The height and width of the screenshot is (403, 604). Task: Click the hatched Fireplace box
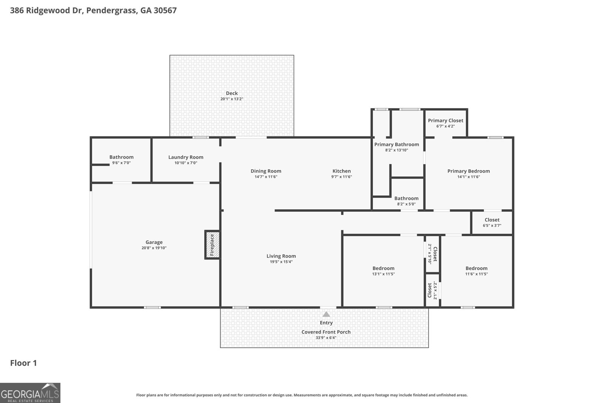click(x=212, y=245)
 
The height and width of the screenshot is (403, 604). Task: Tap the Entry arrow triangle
click(x=326, y=314)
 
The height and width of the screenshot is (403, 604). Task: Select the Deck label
click(x=232, y=93)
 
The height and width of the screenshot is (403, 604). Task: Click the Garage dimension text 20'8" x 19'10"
click(x=154, y=248)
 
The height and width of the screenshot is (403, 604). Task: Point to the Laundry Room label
click(x=186, y=157)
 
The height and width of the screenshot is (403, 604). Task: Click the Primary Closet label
click(x=445, y=120)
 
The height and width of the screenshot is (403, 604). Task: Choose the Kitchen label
click(x=341, y=171)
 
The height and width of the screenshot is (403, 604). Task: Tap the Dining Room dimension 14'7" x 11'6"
click(x=266, y=177)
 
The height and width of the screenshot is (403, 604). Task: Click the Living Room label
click(x=281, y=256)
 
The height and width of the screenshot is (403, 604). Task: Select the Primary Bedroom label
click(x=468, y=171)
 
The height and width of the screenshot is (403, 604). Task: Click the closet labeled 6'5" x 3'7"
click(x=492, y=222)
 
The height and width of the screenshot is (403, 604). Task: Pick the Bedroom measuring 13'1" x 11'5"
click(x=383, y=271)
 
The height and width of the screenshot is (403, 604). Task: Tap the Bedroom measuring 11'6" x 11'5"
click(x=476, y=271)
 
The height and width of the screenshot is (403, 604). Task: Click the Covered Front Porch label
click(x=326, y=332)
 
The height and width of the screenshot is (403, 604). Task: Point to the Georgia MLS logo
click(x=30, y=393)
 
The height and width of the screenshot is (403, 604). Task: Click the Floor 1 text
click(x=23, y=363)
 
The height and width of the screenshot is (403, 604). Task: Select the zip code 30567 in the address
click(x=165, y=10)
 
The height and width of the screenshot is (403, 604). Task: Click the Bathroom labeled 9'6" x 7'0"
click(x=121, y=160)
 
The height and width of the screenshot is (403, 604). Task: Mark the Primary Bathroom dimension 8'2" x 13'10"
click(x=396, y=150)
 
